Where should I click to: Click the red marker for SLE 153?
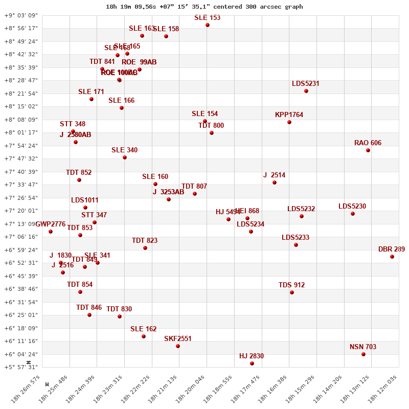pyautogui.click(x=208, y=25)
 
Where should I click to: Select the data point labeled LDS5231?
pyautogui.click(x=306, y=91)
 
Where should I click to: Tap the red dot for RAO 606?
pyautogui.click(x=368, y=150)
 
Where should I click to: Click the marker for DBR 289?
pyautogui.click(x=392, y=257)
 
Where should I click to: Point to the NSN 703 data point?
pyautogui.click(x=363, y=354)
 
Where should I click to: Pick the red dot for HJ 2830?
pyautogui.click(x=252, y=363)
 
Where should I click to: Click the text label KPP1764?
pyautogui.click(x=289, y=115)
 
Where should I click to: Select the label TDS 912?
pyautogui.click(x=291, y=285)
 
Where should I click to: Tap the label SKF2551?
pyautogui.click(x=178, y=338)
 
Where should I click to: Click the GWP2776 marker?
pyautogui.click(x=51, y=232)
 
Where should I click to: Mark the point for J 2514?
pyautogui.click(x=275, y=183)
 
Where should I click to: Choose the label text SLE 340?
pyautogui.click(x=124, y=150)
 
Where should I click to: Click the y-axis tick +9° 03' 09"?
pyautogui.click(x=21, y=15)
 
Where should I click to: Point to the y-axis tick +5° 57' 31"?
pyautogui.click(x=21, y=367)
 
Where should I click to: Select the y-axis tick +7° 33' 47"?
pyautogui.click(x=21, y=185)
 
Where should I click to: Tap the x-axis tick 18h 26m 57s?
pyautogui.click(x=30, y=389)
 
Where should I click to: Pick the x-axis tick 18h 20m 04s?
pyautogui.click(x=195, y=389)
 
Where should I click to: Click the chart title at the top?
pyautogui.click(x=204, y=7)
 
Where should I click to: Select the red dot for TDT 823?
pyautogui.click(x=145, y=248)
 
